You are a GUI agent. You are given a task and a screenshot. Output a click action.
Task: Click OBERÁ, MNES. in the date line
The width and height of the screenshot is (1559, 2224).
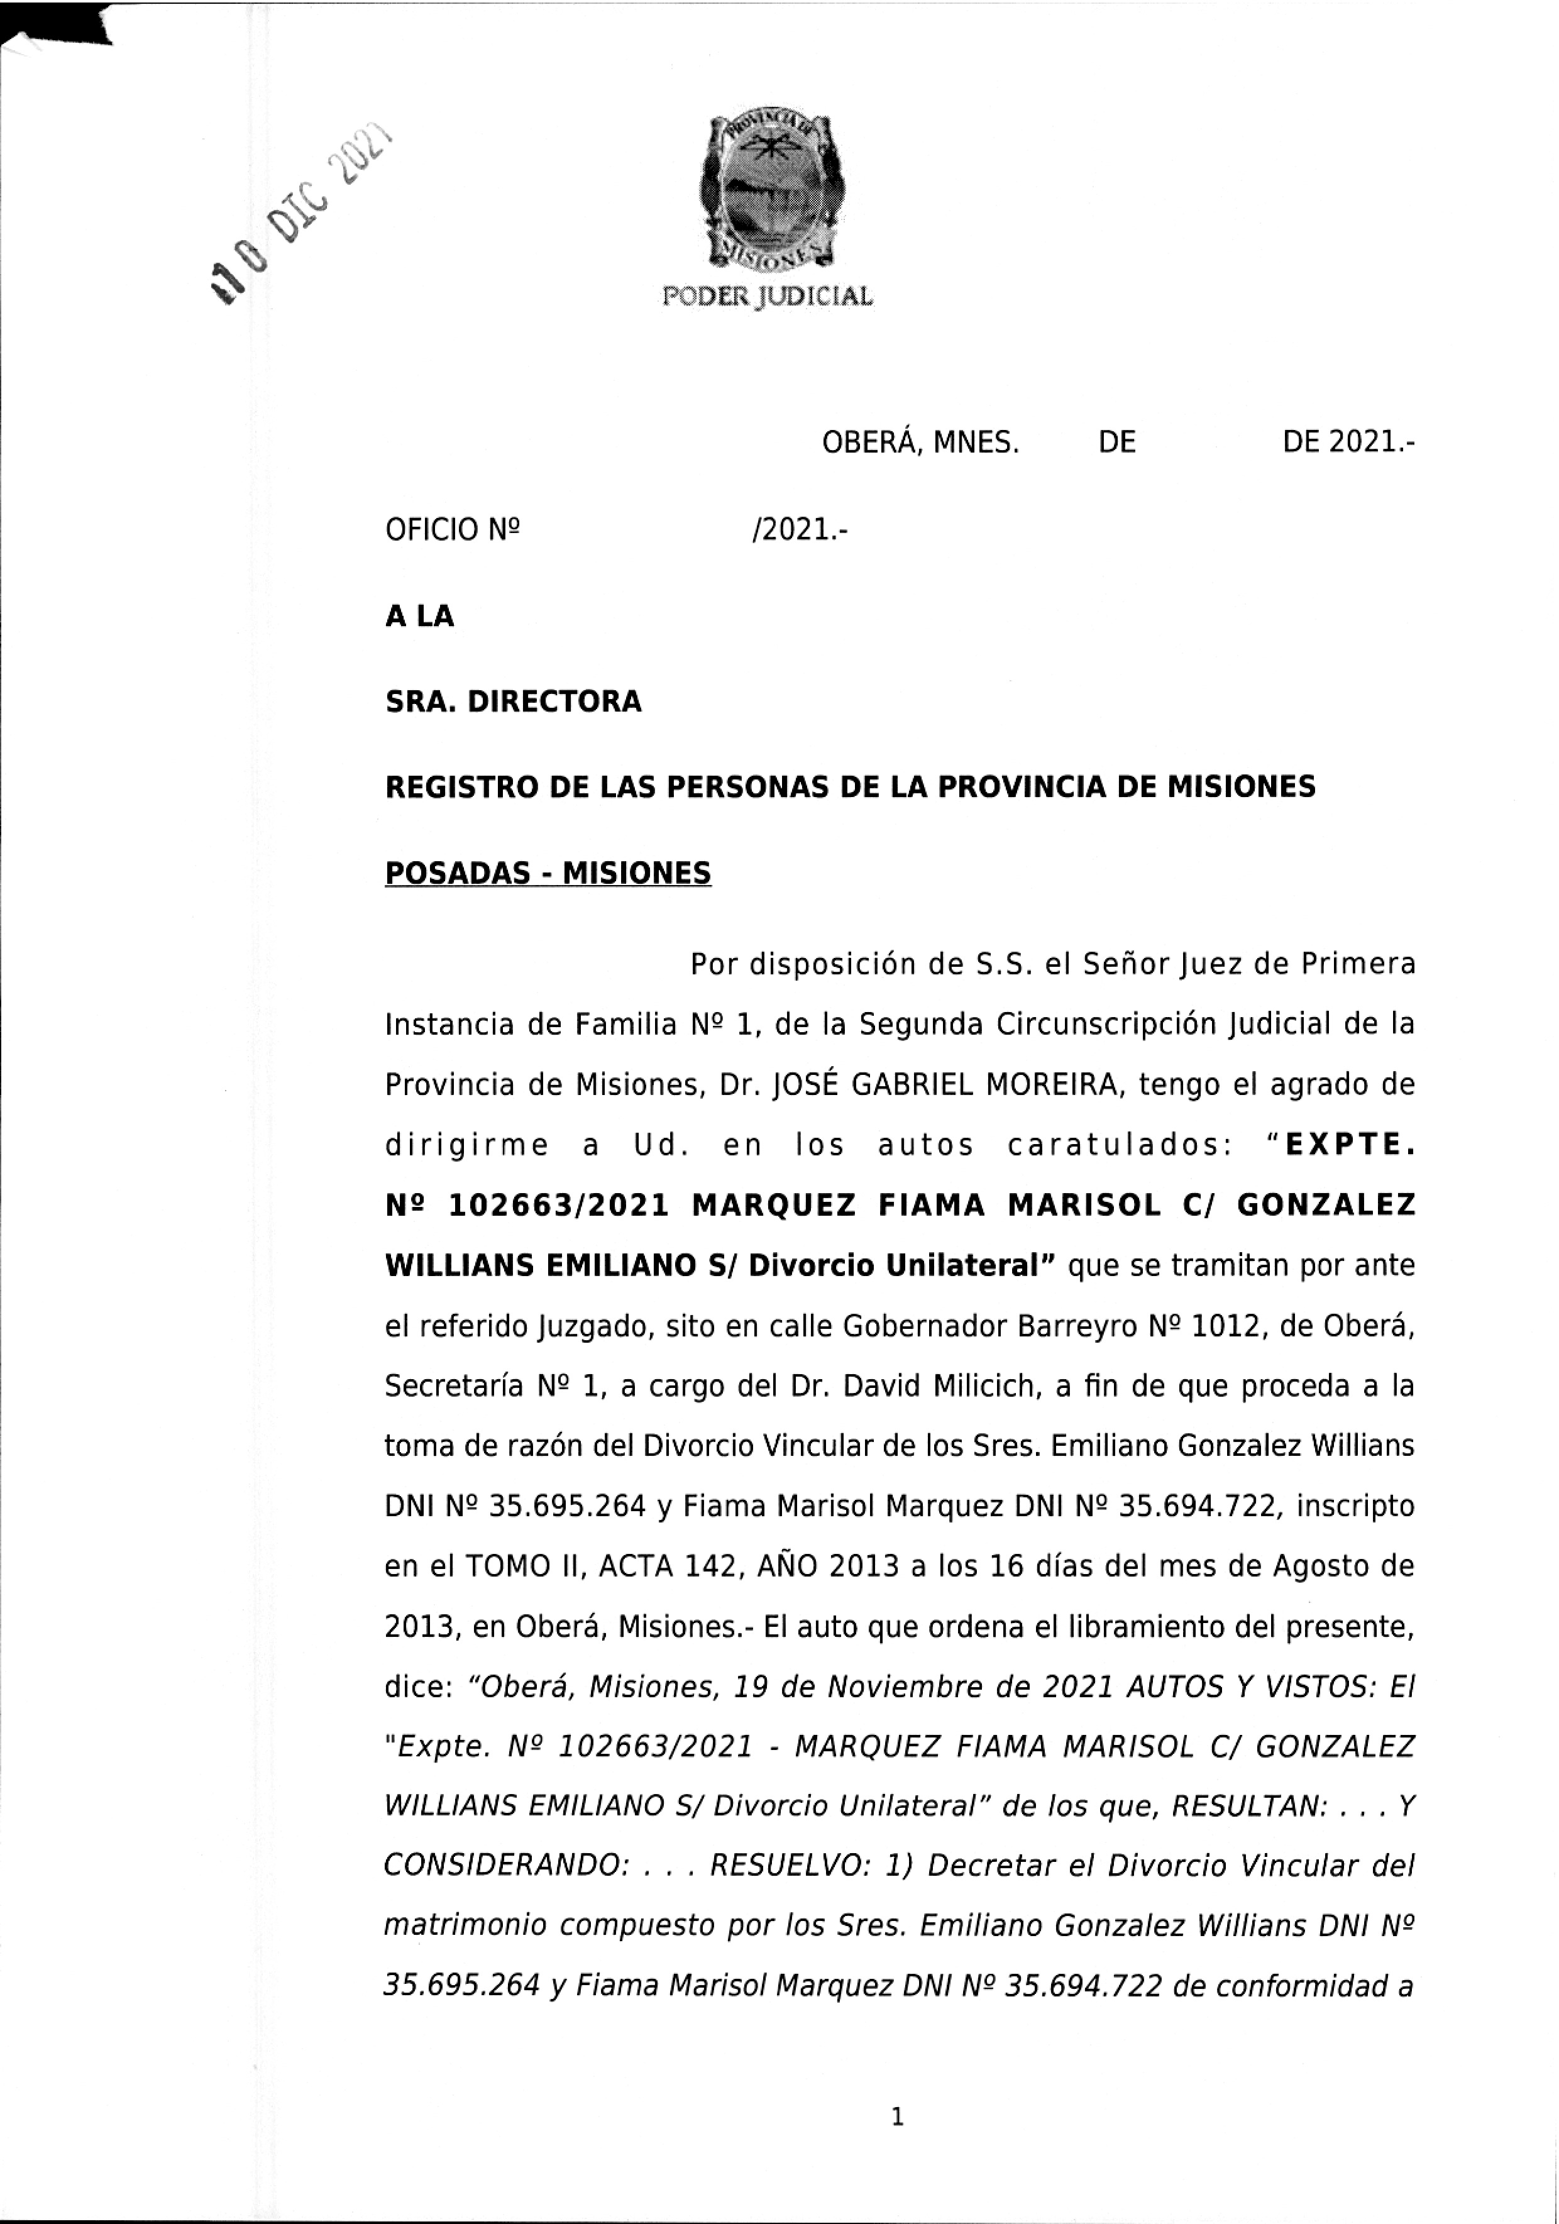click(x=920, y=444)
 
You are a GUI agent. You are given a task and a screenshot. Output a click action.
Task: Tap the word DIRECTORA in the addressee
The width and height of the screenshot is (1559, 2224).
click(x=554, y=702)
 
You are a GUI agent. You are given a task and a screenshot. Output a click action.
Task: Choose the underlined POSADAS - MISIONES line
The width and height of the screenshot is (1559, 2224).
click(x=548, y=874)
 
